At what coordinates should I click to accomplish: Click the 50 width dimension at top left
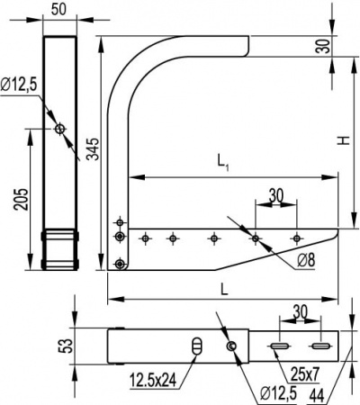tap(61, 9)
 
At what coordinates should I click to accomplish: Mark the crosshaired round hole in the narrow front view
tap(59, 130)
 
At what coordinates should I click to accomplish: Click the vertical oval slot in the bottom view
tap(198, 347)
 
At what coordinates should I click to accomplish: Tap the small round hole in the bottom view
tap(232, 347)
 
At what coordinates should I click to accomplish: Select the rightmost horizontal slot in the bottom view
tap(319, 346)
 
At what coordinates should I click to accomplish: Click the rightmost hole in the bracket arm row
tap(297, 238)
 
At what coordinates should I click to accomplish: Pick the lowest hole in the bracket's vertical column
tap(120, 264)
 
